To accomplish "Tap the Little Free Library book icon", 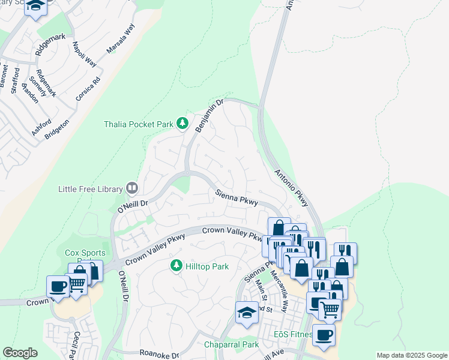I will click(131, 188).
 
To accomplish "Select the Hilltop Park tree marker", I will click(176, 265).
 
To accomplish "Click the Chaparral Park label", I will click(231, 344).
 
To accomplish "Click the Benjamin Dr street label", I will click(209, 113).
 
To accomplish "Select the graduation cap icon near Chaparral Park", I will click(246, 312).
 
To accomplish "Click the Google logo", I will click(20, 353).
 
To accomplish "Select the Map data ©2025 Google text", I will click(411, 355).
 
